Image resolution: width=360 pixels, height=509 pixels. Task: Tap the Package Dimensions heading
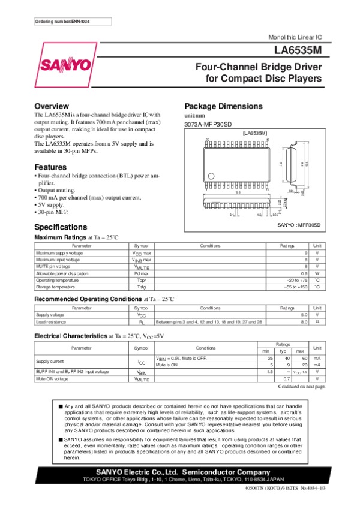coord(223,106)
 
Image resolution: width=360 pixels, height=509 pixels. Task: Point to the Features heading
coord(50,166)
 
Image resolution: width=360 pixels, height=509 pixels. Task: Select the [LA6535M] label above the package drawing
coord(254,132)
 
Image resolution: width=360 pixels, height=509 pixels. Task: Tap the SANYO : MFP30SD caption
coord(299,225)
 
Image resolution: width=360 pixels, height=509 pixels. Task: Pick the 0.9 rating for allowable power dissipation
coord(304,273)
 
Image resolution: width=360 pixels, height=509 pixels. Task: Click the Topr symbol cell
coord(142,280)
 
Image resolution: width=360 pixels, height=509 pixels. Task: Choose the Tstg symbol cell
coord(142,287)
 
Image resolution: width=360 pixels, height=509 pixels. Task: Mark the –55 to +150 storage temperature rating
coord(295,287)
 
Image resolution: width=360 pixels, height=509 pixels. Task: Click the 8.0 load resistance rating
coord(304,322)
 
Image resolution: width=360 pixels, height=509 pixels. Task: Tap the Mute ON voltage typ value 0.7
coord(286,379)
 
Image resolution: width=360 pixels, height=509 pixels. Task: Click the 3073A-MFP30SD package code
coord(206,124)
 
